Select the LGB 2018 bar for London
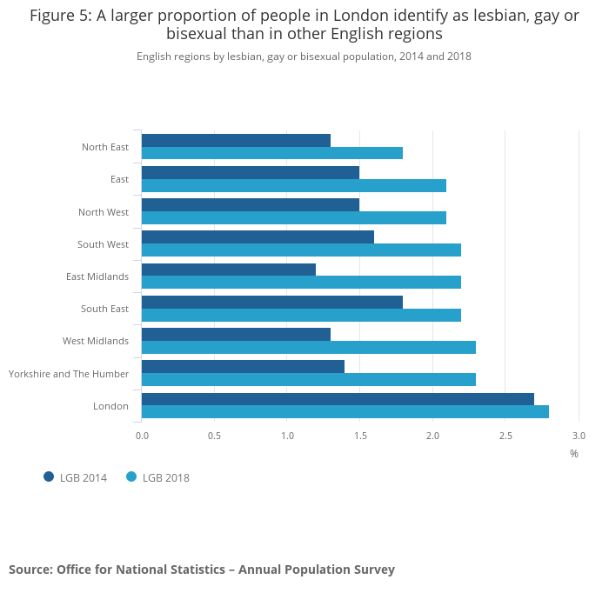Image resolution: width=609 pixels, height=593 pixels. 345,411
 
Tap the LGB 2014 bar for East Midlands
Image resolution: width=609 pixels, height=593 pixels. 228,270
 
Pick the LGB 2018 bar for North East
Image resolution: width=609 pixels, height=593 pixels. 271,153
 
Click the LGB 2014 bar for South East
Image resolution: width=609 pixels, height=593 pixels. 271,302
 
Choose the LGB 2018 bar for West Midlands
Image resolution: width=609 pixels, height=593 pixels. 308,347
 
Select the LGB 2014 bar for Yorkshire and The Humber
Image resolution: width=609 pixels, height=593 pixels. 243,367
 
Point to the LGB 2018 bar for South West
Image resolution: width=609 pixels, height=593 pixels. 301,250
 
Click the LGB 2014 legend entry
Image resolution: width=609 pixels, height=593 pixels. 76,477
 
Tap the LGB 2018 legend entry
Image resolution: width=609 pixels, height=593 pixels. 158,477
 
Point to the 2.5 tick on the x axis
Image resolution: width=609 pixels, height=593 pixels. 505,435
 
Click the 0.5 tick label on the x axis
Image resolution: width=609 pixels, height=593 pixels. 214,435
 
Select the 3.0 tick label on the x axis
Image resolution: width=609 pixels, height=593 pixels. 579,435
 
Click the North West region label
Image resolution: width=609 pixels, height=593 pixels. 104,212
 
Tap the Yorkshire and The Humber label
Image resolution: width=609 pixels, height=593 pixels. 69,374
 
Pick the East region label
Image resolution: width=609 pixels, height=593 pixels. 119,179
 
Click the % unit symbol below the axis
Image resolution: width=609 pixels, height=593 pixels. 574,453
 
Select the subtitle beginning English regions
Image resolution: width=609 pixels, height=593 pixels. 304,56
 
